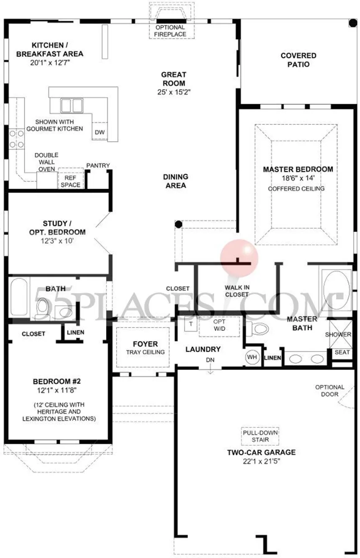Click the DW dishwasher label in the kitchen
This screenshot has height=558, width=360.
(100, 132)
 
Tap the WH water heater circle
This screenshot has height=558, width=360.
(252, 357)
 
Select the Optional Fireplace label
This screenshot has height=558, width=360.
(170, 31)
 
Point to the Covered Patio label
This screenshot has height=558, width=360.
(298, 60)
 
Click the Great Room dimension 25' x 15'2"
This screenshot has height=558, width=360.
(174, 92)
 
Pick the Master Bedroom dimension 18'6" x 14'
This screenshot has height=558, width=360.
(298, 178)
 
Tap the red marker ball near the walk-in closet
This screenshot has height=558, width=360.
(239, 258)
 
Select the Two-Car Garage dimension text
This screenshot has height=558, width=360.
(262, 461)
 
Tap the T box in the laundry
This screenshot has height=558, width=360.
(191, 324)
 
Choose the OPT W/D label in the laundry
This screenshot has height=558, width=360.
(219, 325)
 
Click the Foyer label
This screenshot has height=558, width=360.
(145, 344)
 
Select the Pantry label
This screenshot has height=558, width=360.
(98, 165)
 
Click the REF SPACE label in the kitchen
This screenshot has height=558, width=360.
(70, 181)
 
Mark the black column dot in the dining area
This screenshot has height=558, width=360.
(178, 224)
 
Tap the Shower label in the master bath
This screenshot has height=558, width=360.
(338, 334)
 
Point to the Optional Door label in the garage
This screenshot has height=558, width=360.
(329, 391)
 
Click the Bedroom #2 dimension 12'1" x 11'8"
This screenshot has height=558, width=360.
(57, 391)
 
